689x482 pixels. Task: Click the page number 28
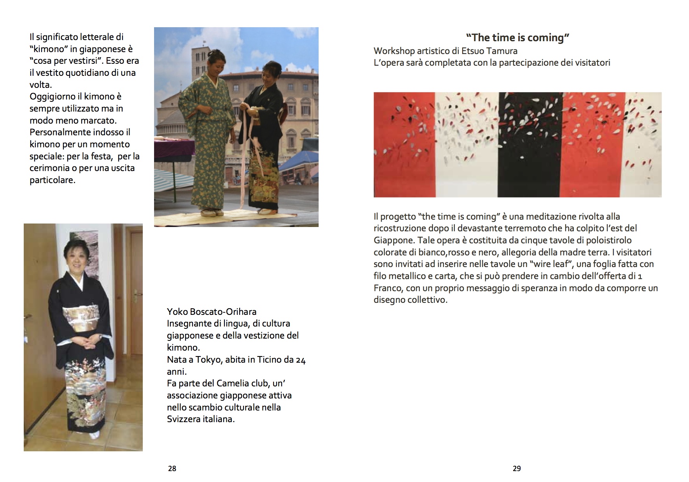click(172, 469)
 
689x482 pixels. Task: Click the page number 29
click(517, 469)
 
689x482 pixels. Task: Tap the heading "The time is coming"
click(517, 38)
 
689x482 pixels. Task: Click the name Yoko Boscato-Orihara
click(212, 312)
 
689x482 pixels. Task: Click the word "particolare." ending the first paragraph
click(53, 180)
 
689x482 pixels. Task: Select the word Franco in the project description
click(388, 288)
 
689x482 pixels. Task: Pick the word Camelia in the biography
click(235, 383)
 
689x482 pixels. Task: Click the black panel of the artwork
click(531, 145)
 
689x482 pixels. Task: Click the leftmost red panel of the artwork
click(404, 145)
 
